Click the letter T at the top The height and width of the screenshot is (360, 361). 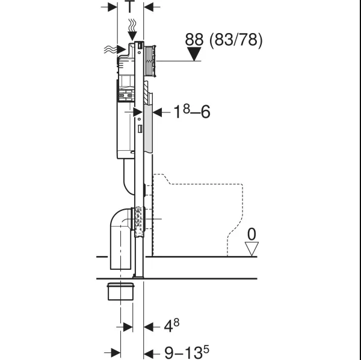pyautogui.click(x=130, y=8)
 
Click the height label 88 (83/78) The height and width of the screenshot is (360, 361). pyautogui.click(x=223, y=40)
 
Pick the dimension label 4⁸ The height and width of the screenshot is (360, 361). pyautogui.click(x=171, y=326)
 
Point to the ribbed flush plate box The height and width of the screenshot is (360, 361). pyautogui.click(x=151, y=59)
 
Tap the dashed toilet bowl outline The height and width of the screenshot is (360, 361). pyautogui.click(x=199, y=210)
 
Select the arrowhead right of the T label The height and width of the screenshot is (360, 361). pyautogui.click(x=149, y=8)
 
